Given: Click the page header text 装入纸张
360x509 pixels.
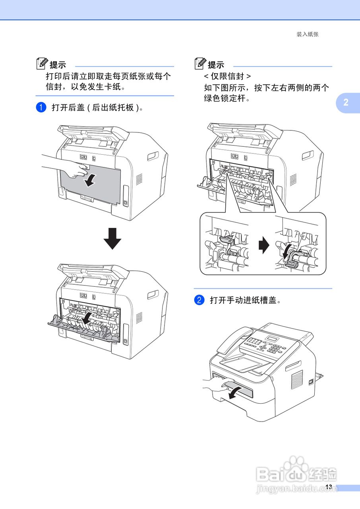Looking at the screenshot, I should tap(307, 35).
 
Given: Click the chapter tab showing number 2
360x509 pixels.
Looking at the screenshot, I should tap(346, 102).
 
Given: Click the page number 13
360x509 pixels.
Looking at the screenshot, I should tap(328, 487).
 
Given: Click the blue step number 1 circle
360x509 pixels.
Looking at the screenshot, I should tap(41, 107).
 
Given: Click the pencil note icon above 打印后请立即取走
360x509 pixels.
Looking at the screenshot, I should tap(41, 63).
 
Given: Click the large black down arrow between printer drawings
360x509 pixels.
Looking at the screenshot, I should tap(112, 238).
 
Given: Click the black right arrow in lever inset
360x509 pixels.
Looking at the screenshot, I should tap(263, 246).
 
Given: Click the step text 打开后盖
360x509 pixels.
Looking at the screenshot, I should tap(97, 108).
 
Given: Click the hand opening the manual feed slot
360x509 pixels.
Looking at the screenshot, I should tap(217, 386).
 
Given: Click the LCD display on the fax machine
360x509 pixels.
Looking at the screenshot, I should tap(273, 339).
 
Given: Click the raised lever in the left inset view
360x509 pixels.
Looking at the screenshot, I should tap(226, 241).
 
